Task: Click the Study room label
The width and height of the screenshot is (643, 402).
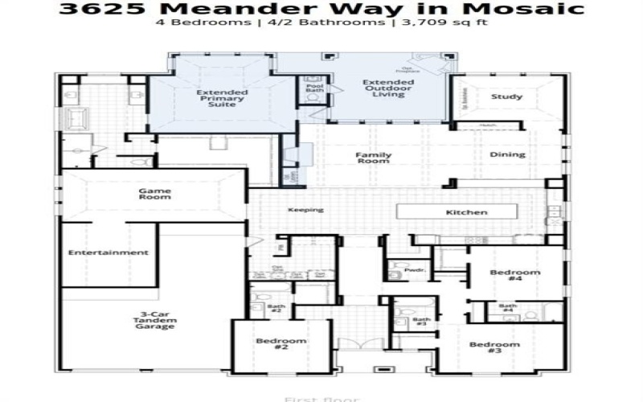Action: click(x=506, y=97)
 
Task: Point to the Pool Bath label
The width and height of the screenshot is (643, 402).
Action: click(x=313, y=87)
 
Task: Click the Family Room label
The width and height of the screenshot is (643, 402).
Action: click(x=374, y=158)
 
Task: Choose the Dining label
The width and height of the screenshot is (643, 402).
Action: click(x=507, y=154)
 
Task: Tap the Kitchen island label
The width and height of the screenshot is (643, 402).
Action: click(x=466, y=212)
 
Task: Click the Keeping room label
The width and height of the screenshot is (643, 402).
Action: click(x=305, y=211)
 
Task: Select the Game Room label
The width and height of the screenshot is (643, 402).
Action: click(x=155, y=193)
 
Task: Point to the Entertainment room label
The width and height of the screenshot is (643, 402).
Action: click(x=108, y=252)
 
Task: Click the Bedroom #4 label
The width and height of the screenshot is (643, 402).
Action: click(x=515, y=277)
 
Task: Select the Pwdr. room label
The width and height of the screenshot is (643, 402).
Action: click(x=415, y=271)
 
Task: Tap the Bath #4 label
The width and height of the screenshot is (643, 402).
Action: click(x=507, y=308)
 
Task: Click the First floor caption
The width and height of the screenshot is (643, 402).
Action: click(x=321, y=398)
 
